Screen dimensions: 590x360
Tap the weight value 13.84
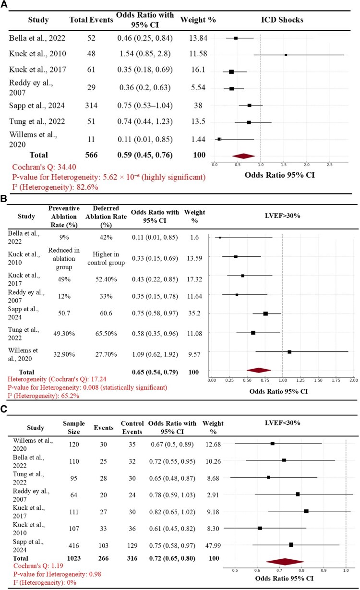coord(197,38)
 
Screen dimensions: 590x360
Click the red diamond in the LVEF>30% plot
coord(259,370)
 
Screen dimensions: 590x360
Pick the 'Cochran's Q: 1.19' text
coord(37,567)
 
